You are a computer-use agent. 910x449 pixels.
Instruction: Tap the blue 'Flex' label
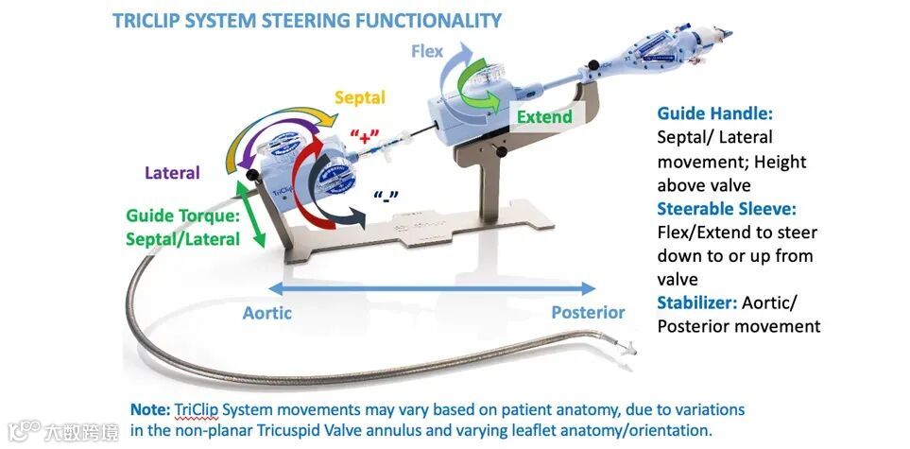[426, 51]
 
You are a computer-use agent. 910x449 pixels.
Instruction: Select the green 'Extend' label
[544, 117]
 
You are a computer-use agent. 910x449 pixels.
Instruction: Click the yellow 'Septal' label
[360, 97]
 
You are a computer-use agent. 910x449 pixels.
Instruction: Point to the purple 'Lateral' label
[172, 173]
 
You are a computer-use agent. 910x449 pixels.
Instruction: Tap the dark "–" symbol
[386, 197]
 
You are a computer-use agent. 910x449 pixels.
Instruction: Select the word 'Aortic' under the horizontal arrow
[267, 312]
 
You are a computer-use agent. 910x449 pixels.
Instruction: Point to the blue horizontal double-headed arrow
[431, 288]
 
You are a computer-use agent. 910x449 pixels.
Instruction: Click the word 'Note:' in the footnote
[150, 409]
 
